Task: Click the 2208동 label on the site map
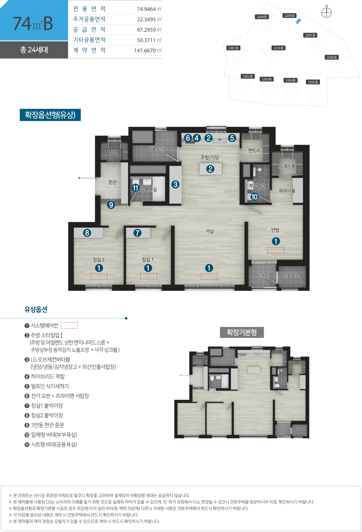coord(289,16)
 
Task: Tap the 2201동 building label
coord(233,48)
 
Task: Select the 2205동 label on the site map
coord(313,82)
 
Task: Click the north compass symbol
coord(326,12)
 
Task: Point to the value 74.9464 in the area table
coord(146,9)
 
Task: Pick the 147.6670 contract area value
coord(145,50)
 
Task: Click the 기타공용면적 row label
coord(89,40)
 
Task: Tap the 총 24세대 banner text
coord(34,49)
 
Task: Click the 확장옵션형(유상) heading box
coord(50,115)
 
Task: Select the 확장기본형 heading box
coord(242,332)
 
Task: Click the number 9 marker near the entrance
coord(111,205)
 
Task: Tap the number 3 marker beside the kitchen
coord(176,184)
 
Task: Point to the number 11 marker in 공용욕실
coord(135,188)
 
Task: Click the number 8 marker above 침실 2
coord(87,233)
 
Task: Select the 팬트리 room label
coord(254,150)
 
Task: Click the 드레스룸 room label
coord(287,166)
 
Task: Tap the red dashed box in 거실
coord(209,277)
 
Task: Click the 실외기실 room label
coord(291,276)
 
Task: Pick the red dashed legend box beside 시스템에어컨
coord(69,325)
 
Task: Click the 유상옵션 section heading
coord(36,309)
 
